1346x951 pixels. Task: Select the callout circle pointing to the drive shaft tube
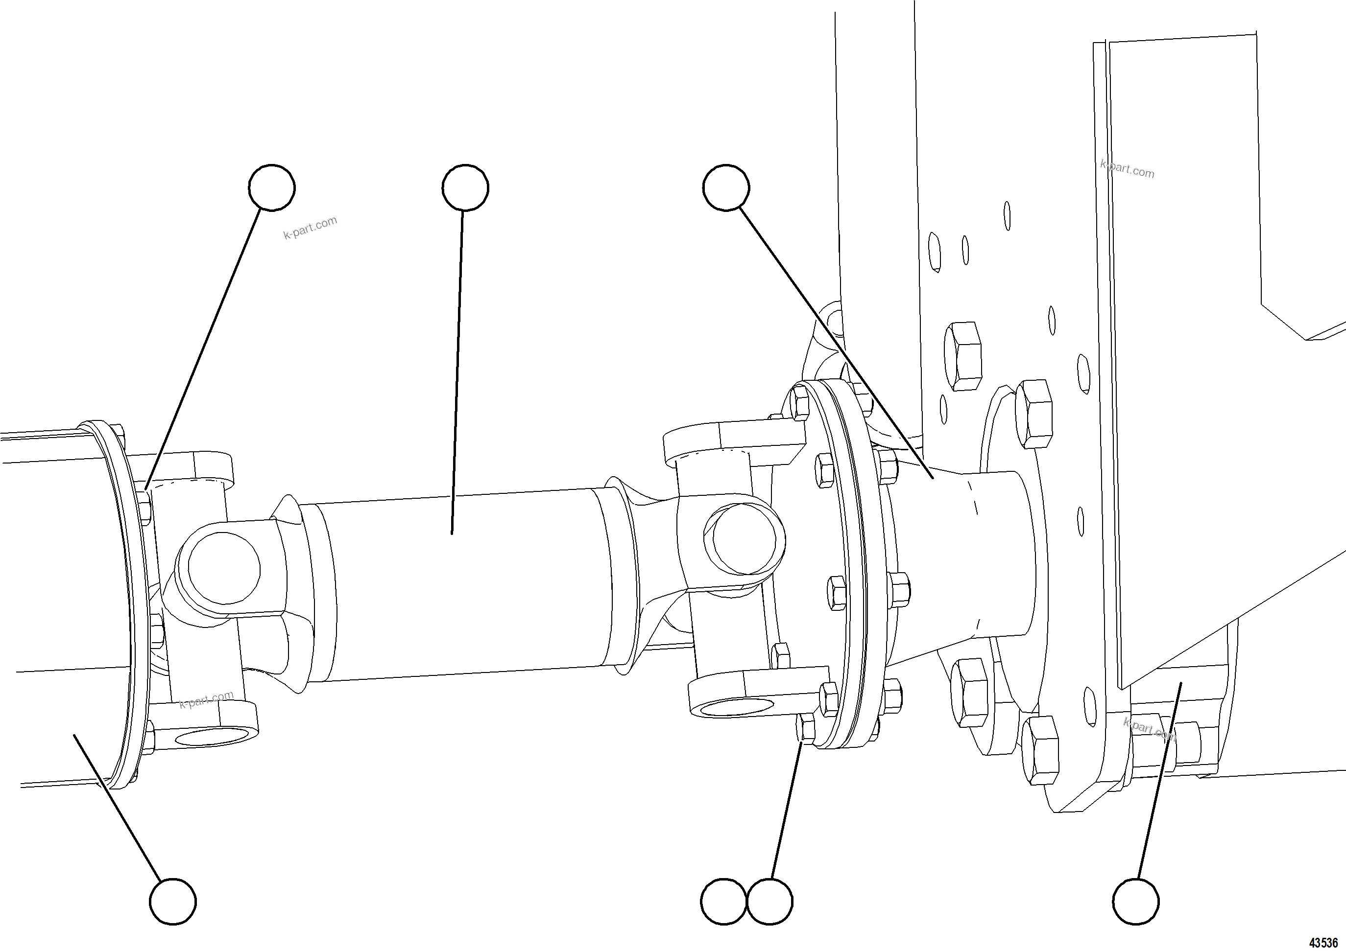pyautogui.click(x=465, y=187)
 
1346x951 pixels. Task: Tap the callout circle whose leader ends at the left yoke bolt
pyautogui.click(x=271, y=187)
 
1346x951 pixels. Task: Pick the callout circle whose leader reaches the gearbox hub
pyautogui.click(x=726, y=187)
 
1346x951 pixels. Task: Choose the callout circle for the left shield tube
pyautogui.click(x=173, y=901)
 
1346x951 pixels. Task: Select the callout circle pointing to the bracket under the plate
pyautogui.click(x=1135, y=901)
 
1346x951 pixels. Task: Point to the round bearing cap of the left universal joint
pyautogui.click(x=224, y=568)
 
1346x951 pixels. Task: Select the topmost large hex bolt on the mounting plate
pyautogui.click(x=962, y=356)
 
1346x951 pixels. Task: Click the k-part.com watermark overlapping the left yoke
pyautogui.click(x=206, y=699)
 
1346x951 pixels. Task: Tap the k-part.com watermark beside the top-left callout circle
pyautogui.click(x=310, y=228)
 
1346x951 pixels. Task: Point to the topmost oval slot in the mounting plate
pyautogui.click(x=1007, y=216)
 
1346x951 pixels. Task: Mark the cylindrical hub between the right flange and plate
pyautogui.click(x=997, y=557)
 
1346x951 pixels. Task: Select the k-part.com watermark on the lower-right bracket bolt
pyautogui.click(x=1149, y=729)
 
